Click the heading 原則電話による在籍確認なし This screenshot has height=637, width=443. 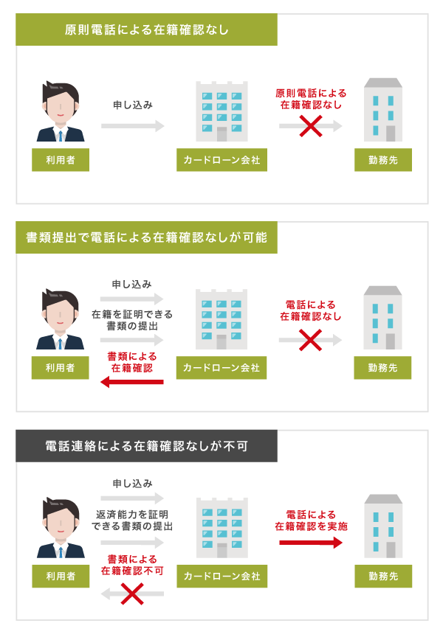click(x=147, y=30)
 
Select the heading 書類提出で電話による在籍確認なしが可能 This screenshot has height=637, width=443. click(x=147, y=237)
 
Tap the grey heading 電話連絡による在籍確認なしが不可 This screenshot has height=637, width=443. click(x=147, y=446)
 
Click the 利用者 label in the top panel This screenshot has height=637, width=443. click(x=61, y=160)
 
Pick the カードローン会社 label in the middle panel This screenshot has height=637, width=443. click(x=221, y=368)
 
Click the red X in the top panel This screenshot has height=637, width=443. click(x=310, y=126)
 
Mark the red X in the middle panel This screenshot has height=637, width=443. click(x=310, y=340)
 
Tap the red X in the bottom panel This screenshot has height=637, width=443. click(x=131, y=594)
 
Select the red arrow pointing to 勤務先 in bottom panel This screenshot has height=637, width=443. click(x=310, y=543)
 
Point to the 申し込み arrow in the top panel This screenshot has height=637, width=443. click(x=133, y=126)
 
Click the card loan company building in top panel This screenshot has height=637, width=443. click(x=221, y=111)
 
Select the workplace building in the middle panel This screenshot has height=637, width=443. click(x=382, y=318)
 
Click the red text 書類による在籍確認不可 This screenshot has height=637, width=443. click(x=133, y=565)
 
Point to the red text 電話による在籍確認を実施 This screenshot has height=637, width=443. click(x=311, y=521)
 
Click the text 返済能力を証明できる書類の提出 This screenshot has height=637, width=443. click(x=133, y=521)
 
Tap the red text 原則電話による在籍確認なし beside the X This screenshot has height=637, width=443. click(x=311, y=99)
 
